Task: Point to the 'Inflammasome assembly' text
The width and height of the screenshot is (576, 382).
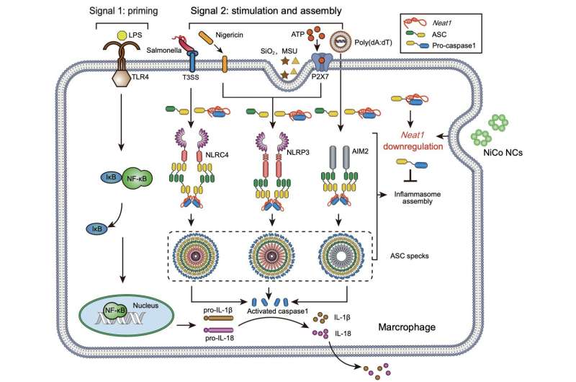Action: click(x=419, y=198)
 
